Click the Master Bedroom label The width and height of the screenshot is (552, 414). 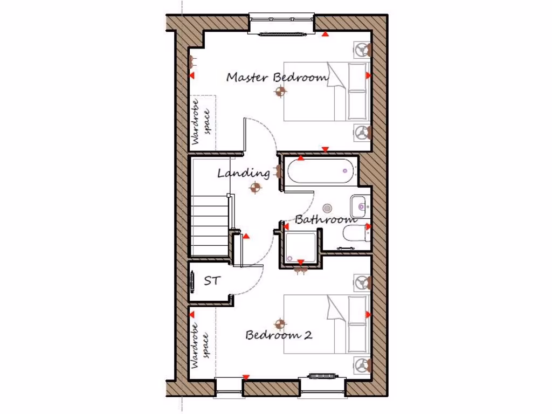point(277,77)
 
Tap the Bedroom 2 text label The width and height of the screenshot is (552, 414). point(279,335)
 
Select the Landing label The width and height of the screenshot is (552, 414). point(244,173)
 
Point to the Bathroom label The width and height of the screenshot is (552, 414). point(326,219)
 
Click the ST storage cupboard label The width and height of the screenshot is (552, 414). point(211,281)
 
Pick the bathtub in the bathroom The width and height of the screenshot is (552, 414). point(320,171)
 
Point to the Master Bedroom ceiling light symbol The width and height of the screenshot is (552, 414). point(279,92)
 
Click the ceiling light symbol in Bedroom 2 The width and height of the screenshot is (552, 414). point(279,323)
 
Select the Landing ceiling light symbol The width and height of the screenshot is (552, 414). point(255,188)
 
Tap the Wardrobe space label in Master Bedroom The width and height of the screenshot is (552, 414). point(201,122)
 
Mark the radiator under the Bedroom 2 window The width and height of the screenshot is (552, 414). point(323,375)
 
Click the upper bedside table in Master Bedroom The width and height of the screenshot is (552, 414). point(361,50)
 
